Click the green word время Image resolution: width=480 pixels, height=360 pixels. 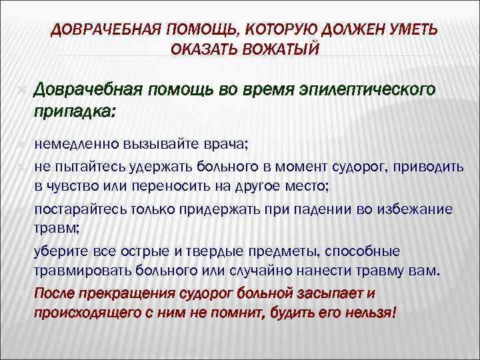258,89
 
